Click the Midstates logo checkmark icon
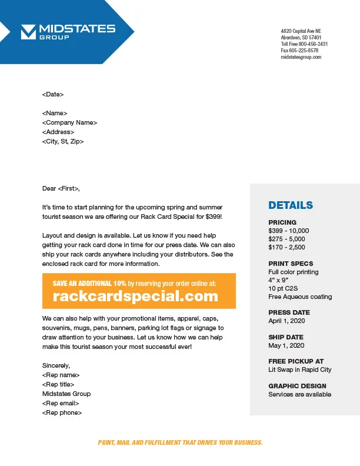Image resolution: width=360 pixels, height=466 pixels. click(28, 32)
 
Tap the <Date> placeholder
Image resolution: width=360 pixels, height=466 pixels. click(53, 94)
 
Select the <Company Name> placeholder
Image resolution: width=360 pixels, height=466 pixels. click(69, 122)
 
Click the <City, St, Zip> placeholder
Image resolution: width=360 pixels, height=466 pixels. click(63, 141)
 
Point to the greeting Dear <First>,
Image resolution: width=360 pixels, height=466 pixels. click(61, 188)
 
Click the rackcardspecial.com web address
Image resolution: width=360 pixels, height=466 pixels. click(135, 297)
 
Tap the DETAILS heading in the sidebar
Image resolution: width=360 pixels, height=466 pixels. click(291, 205)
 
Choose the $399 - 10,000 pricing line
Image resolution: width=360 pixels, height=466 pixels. click(288, 231)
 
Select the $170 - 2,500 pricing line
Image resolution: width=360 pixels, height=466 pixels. click(286, 247)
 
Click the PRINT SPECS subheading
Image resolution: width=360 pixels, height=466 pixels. click(291, 264)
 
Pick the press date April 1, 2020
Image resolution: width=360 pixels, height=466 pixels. click(285, 321)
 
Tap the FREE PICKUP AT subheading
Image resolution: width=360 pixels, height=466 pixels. click(296, 361)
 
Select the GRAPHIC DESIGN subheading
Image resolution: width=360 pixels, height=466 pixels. click(297, 386)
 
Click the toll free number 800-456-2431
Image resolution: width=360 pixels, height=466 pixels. click(313, 44)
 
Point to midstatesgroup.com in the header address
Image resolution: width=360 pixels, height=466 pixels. click(301, 57)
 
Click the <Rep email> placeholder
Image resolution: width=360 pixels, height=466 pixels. click(61, 403)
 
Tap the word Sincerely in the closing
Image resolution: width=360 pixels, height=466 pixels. click(56, 365)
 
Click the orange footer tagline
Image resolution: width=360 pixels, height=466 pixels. click(180, 442)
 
